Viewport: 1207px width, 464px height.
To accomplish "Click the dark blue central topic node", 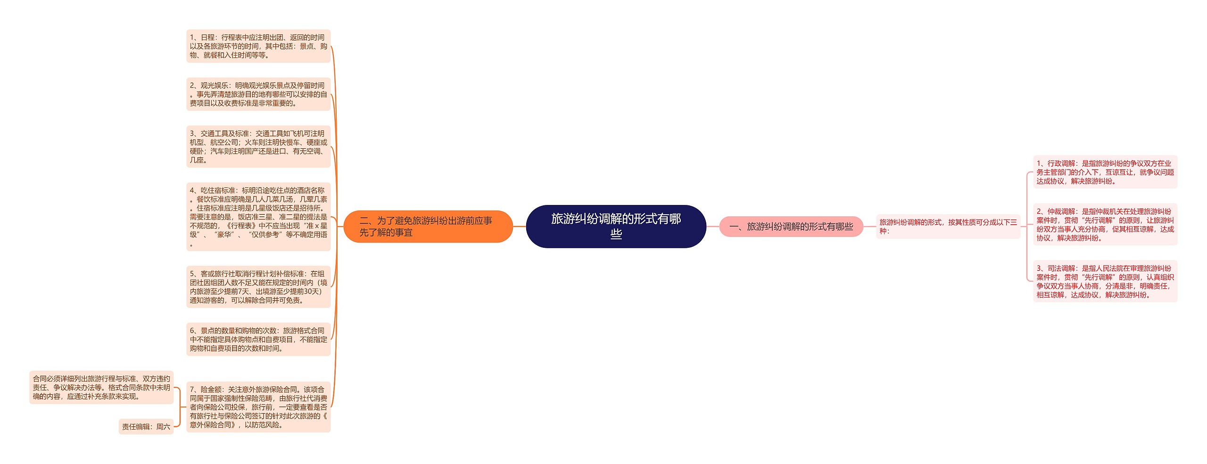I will point(616,226).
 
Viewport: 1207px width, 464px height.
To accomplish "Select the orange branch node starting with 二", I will point(428,226).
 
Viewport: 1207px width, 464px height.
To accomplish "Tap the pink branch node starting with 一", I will point(791,227).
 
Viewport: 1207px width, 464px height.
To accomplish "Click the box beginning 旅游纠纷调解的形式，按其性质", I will point(948,227).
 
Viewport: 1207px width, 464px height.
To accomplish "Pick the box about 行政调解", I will point(1105,172).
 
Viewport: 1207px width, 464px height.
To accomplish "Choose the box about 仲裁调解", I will point(1105,224).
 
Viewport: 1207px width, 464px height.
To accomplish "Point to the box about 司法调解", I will point(1105,281).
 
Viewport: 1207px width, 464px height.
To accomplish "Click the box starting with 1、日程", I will point(258,46).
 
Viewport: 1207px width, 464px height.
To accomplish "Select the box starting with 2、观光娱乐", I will point(258,94).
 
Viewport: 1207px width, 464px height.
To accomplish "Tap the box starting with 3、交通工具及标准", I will point(258,147).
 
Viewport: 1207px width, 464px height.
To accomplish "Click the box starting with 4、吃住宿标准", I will point(258,217).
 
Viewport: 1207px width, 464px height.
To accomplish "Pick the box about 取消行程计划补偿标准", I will point(258,286).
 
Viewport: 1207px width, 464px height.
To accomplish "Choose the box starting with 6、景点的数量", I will point(258,339).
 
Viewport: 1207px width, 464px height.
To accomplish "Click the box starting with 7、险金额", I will point(258,407).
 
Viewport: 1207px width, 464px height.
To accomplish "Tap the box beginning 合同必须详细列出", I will point(101,387).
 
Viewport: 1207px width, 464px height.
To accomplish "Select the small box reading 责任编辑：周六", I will point(146,426).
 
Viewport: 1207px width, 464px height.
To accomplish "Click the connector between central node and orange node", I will point(519,227).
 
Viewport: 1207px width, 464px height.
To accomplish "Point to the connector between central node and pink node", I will point(712,227).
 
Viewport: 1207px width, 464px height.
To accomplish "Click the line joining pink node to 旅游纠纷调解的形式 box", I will point(869,227).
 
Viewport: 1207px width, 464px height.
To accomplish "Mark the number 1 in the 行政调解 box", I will point(1039,163).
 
